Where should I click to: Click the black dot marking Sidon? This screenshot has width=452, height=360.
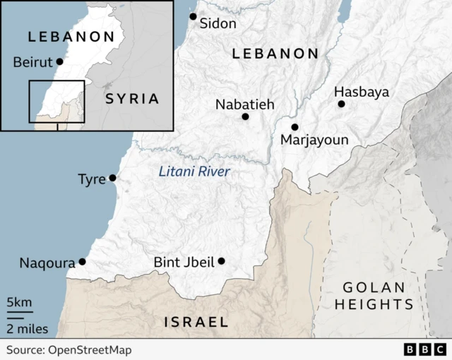point(193,16)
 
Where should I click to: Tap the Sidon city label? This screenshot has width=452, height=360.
point(218,23)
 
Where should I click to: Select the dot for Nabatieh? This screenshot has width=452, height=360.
point(245,116)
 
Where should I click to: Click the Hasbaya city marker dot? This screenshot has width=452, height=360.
point(341,104)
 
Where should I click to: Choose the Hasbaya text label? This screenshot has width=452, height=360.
point(361,92)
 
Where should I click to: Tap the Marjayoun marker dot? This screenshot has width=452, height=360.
point(295,127)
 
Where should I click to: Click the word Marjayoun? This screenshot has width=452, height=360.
point(314,140)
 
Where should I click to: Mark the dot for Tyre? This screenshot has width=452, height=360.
point(112,178)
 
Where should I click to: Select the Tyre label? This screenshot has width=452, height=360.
point(91,179)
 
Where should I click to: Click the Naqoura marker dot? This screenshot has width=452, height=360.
point(82,262)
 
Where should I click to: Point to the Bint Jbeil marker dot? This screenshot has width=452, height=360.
point(221,261)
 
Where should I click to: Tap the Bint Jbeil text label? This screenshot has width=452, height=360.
point(184,263)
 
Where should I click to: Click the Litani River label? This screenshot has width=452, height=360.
point(194,171)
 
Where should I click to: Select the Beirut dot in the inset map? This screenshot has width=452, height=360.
point(59,61)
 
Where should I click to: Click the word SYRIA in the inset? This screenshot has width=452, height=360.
point(132,98)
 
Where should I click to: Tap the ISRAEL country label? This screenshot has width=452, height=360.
point(196,322)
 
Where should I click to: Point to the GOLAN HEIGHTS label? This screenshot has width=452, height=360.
point(374,296)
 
